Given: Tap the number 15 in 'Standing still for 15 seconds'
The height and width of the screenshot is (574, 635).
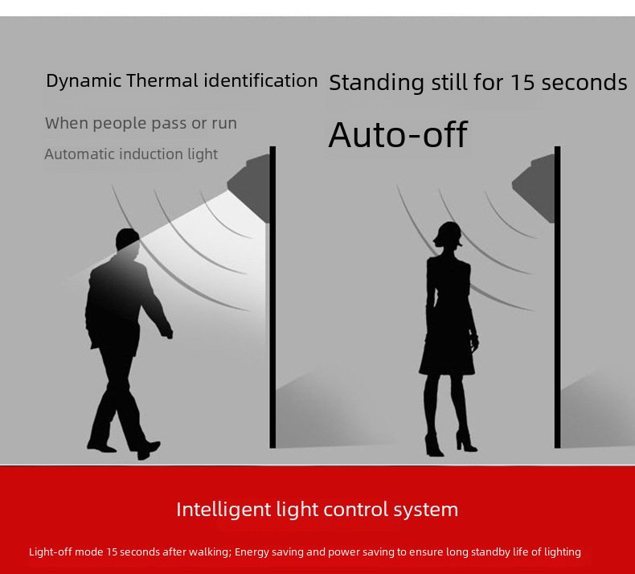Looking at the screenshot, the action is (x=522, y=82).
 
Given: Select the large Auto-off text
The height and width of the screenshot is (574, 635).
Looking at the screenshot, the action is (x=398, y=134).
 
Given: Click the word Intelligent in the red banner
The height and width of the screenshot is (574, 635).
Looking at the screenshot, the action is (x=223, y=510).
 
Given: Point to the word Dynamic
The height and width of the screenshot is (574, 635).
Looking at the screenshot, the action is (x=84, y=81).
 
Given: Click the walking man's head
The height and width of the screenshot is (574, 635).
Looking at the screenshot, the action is (x=128, y=240).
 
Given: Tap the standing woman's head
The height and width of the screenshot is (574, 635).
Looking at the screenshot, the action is (x=448, y=234).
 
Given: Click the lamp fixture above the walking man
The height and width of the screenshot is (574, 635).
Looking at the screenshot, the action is (x=249, y=187).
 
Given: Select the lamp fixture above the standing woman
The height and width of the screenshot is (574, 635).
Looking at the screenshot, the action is (x=535, y=187).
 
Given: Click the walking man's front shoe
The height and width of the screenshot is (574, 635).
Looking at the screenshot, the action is (x=147, y=449).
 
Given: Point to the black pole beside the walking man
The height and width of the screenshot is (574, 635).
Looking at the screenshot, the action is (x=272, y=297).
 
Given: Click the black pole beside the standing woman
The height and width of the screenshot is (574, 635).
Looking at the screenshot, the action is (x=558, y=297).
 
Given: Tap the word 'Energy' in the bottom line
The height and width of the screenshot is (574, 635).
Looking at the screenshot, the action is (x=248, y=552).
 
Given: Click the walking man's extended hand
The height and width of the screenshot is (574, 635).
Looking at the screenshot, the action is (x=166, y=332).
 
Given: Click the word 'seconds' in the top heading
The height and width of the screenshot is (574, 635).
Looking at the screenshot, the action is (x=584, y=83).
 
